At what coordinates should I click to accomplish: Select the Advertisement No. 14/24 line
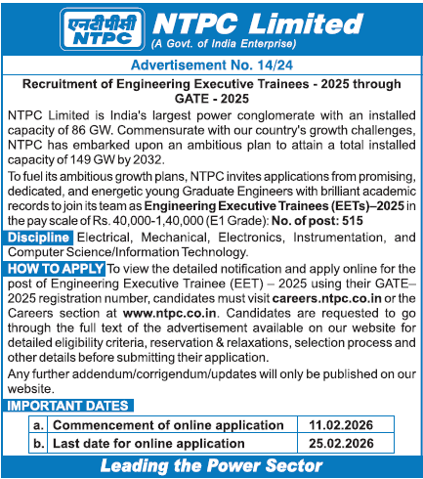pyautogui.click(x=211, y=65)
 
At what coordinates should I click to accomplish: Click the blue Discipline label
pyautogui.click(x=38, y=238)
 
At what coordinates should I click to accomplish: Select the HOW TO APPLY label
pyautogui.click(x=53, y=267)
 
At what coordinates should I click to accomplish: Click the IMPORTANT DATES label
pyautogui.click(x=67, y=406)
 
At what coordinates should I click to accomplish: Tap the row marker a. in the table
pyautogui.click(x=38, y=425)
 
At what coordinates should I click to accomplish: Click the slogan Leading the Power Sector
pyautogui.click(x=211, y=465)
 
